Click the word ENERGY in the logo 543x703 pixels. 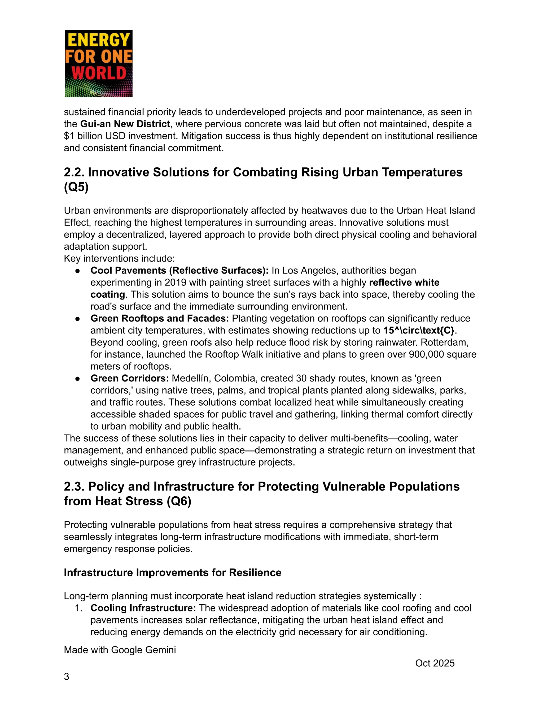coord(98,41)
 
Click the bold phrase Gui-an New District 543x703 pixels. coord(125,124)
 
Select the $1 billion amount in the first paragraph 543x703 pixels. coord(85,136)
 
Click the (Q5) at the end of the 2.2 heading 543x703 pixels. coord(76,187)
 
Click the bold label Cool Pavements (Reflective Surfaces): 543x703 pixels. coord(179,270)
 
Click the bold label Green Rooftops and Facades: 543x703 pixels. coord(160,318)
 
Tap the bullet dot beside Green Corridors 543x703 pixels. coord(77,379)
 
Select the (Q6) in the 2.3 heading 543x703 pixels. coord(179,501)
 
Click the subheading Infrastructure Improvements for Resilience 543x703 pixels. coord(172,573)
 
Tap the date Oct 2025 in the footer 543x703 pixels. coord(435,663)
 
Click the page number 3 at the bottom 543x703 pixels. coord(67,676)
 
